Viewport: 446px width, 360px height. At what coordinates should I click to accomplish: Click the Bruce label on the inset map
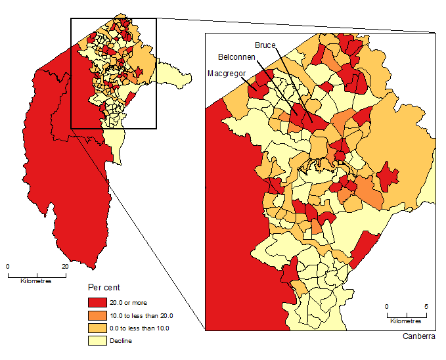pyautogui.click(x=265, y=45)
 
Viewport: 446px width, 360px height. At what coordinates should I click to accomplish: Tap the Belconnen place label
pyautogui.click(x=237, y=57)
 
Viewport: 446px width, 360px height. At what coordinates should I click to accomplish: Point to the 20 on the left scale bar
pyautogui.click(x=65, y=267)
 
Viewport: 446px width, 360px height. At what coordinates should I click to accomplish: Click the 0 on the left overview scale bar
pyautogui.click(x=8, y=267)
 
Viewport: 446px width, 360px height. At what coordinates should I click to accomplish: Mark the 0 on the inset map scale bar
pyautogui.click(x=386, y=307)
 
